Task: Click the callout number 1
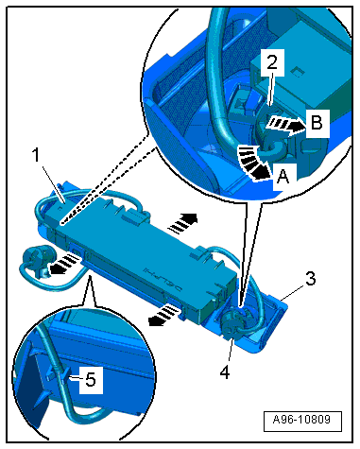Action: click(x=37, y=155)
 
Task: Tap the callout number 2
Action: click(x=272, y=62)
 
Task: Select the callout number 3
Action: click(x=310, y=279)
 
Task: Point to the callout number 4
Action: click(x=225, y=372)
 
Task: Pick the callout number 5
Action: click(x=91, y=379)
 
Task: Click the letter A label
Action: click(x=283, y=176)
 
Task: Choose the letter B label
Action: click(x=317, y=122)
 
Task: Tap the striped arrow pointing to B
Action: click(x=285, y=126)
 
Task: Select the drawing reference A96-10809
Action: click(x=301, y=420)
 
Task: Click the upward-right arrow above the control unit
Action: click(x=182, y=222)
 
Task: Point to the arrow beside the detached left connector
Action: click(x=65, y=263)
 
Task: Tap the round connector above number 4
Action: click(x=233, y=321)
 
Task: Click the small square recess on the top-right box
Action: click(x=297, y=72)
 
